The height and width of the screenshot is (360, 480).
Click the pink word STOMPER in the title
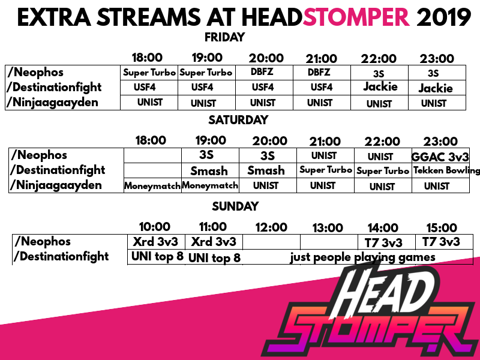pos(357,18)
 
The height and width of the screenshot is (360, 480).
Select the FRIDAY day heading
pos(224,37)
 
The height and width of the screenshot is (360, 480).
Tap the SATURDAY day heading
pos(238,120)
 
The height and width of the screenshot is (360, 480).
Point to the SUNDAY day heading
pos(235,206)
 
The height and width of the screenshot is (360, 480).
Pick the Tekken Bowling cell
pos(440,170)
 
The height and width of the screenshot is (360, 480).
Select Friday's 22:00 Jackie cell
pos(380,87)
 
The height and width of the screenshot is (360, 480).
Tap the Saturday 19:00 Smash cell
pos(209,170)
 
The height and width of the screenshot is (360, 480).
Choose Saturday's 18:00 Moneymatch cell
pos(152,186)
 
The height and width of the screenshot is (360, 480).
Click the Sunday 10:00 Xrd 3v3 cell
pos(154,242)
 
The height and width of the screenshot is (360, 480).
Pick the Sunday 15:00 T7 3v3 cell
pos(441,242)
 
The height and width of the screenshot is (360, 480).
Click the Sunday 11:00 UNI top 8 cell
pos(214,258)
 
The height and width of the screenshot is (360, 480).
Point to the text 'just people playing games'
pos(362,258)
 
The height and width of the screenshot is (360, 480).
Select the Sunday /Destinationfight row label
pos(62,257)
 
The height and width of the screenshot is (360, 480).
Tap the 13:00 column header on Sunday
pos(327,228)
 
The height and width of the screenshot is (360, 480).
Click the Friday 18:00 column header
pos(147,58)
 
